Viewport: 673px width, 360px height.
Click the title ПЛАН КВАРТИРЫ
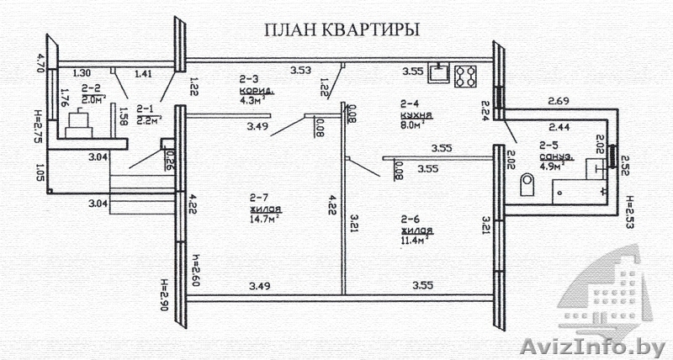tap(342, 30)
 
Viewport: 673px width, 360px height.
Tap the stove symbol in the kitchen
tap(465, 77)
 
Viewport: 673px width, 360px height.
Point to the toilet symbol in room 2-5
tap(527, 183)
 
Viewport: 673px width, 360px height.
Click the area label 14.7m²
tap(263, 219)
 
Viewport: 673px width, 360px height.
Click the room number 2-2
tap(93, 87)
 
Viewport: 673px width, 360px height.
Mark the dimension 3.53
tap(301, 70)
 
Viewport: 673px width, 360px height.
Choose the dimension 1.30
tap(82, 72)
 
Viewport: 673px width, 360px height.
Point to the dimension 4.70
tap(37, 64)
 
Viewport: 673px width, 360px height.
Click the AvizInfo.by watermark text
tap(593, 346)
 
